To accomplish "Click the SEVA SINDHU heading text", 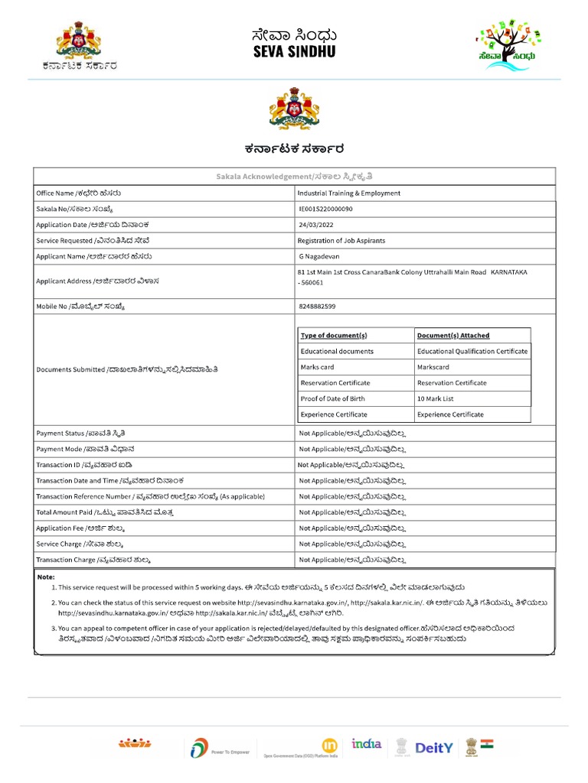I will (x=294, y=52).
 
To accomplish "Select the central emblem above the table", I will (x=294, y=109).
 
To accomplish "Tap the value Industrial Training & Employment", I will (x=348, y=193).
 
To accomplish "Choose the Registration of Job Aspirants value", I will (x=341, y=240).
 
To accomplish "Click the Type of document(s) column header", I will (x=334, y=336).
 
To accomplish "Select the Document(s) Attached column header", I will (x=453, y=336).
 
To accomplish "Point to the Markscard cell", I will (x=433, y=367).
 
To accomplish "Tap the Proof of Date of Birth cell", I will (x=333, y=398).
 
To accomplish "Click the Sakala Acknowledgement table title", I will (x=294, y=177).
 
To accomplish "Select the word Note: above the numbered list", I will (x=47, y=577).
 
